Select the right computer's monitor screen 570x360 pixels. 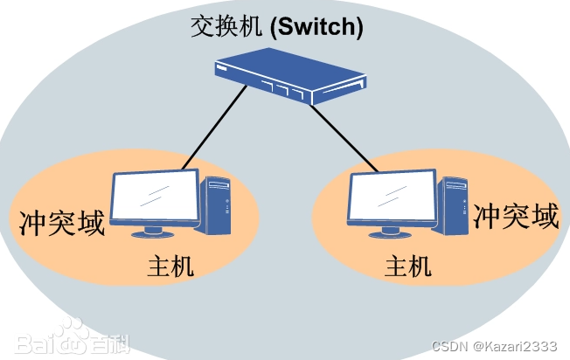pos(392,197)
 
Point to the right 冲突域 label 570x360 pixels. pos(516,217)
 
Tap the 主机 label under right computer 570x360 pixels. pos(408,266)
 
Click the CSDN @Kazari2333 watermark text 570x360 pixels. pos(508,348)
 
